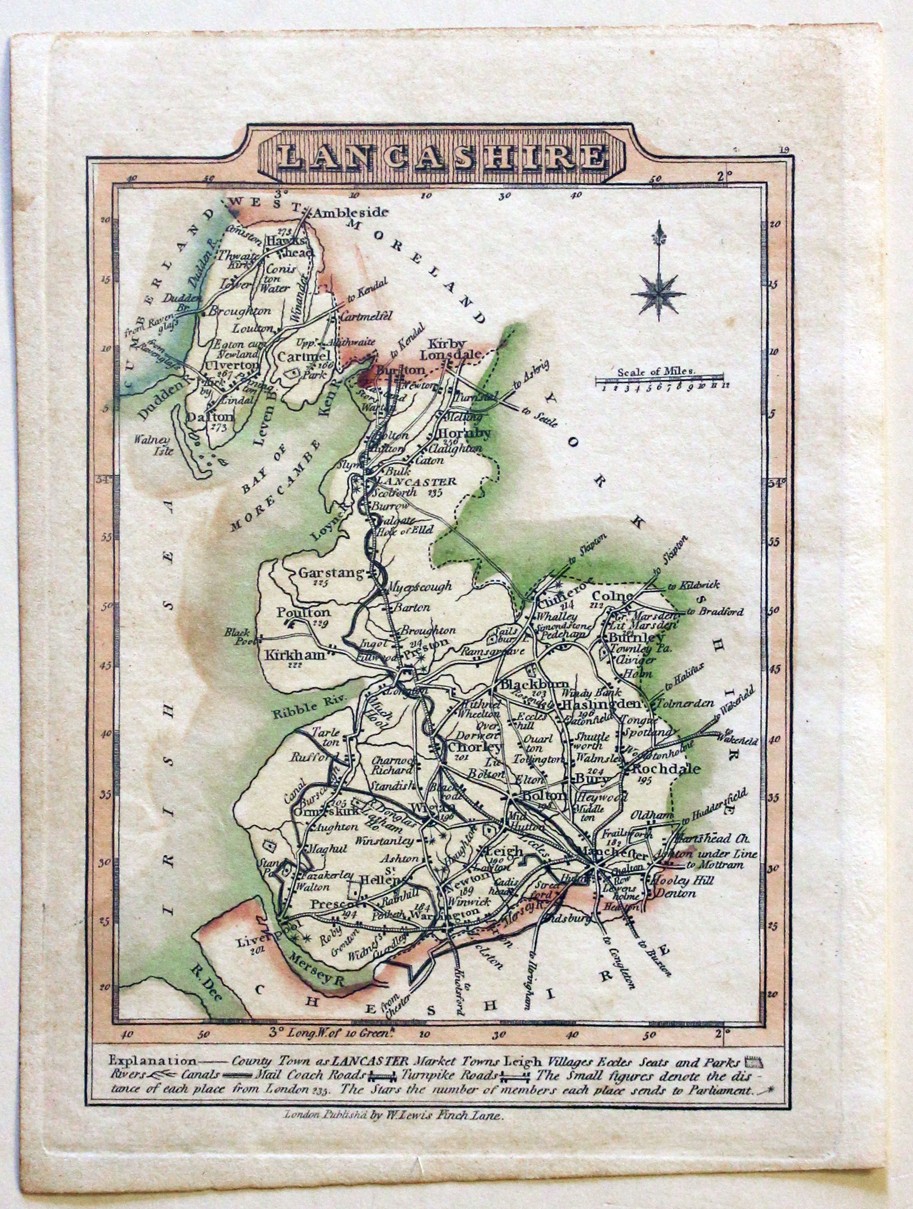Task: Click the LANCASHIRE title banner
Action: click(441, 157)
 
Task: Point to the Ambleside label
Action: click(350, 212)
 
